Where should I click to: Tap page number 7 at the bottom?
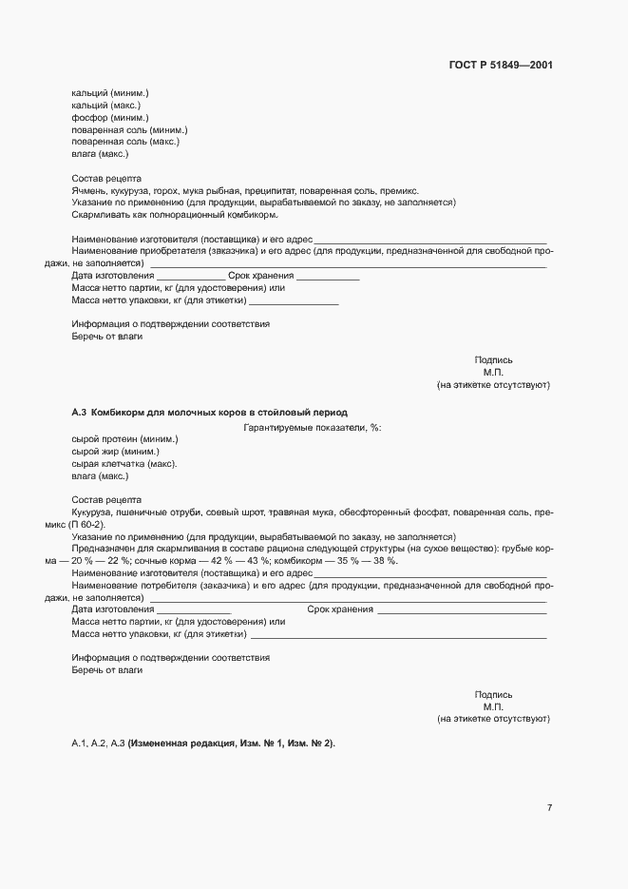tap(549, 808)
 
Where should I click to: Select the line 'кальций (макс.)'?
tap(105, 105)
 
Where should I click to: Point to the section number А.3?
tap(79, 413)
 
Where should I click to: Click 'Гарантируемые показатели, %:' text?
tap(312, 428)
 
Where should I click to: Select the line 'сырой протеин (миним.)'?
tap(124, 439)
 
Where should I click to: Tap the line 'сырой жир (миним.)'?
tap(115, 452)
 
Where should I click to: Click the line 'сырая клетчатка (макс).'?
tap(124, 464)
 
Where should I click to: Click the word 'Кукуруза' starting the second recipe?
tap(92, 512)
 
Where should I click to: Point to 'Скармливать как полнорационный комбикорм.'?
tap(167, 215)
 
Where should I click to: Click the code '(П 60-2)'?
tap(90, 525)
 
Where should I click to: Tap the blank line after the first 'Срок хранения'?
tap(328, 278)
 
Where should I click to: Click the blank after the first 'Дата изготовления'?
tap(190, 278)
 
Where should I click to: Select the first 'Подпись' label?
tap(493, 360)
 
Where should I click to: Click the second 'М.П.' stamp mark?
tap(493, 706)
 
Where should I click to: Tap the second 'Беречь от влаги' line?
tap(107, 670)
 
